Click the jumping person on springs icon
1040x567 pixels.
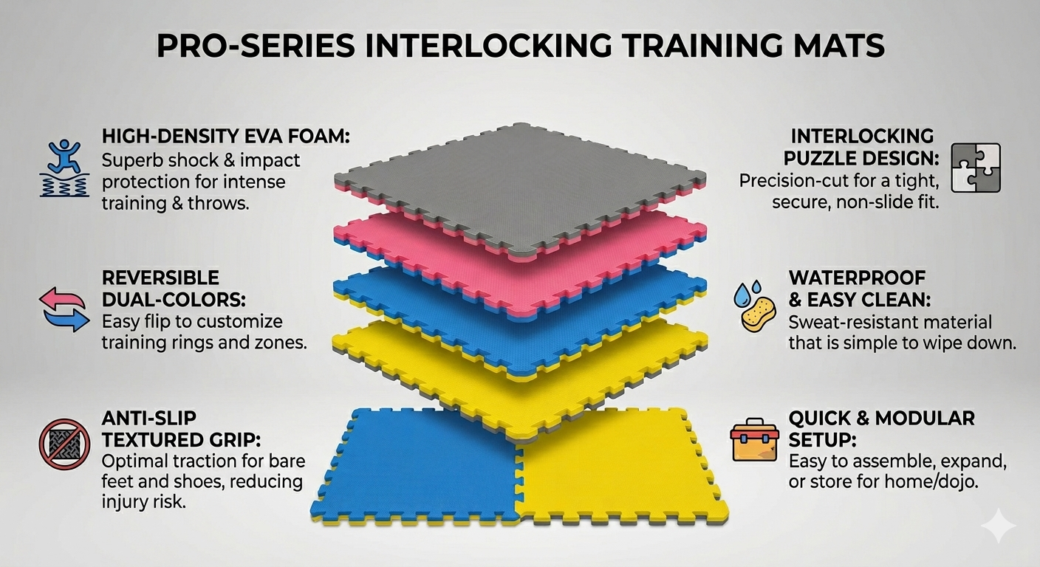point(64,168)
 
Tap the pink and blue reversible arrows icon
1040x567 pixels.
point(64,309)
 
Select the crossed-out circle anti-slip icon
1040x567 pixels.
point(64,444)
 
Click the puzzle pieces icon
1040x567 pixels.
point(976,168)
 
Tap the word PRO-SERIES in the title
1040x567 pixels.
point(256,46)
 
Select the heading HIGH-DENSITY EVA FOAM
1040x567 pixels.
point(225,137)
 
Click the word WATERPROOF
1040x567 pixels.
point(857,278)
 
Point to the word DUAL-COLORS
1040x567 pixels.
point(174,300)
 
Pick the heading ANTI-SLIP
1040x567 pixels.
point(149,418)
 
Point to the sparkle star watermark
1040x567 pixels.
point(998,525)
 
